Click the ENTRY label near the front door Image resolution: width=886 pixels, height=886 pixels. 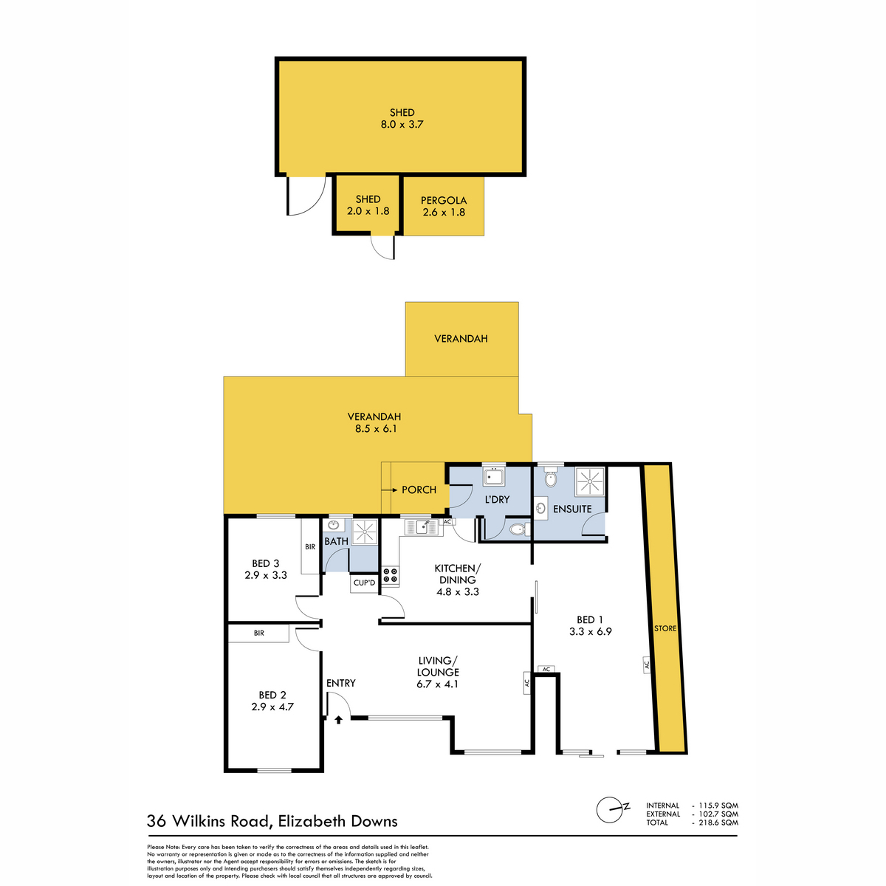coord(340,683)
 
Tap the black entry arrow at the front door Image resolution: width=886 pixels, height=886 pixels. coord(338,718)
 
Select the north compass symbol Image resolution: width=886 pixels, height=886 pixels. coord(612,809)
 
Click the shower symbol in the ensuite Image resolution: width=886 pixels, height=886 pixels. coord(589,482)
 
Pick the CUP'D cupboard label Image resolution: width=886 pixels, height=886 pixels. coord(365,583)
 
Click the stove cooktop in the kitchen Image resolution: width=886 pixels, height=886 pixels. coord(390,576)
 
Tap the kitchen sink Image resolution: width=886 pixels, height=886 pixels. coord(422,526)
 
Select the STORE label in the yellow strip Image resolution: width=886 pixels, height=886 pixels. coord(665,629)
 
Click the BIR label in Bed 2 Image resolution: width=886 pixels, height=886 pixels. coord(259,633)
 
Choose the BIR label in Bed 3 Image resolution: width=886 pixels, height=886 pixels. coord(310,547)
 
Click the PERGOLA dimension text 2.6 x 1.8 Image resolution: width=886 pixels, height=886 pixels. coord(444,213)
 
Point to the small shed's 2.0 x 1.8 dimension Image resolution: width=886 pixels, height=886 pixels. coord(368,211)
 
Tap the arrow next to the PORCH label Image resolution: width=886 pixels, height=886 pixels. coord(388,490)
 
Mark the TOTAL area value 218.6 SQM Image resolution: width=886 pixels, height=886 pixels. coord(717,823)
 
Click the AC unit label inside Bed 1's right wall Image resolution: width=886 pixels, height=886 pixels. coord(645,664)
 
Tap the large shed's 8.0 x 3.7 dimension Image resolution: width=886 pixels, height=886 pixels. coord(402,125)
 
